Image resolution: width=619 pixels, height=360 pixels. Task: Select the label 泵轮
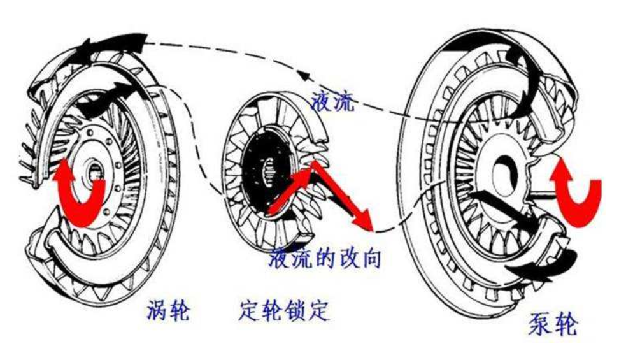(x=552, y=324)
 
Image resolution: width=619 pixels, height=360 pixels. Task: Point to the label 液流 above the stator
(x=331, y=102)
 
